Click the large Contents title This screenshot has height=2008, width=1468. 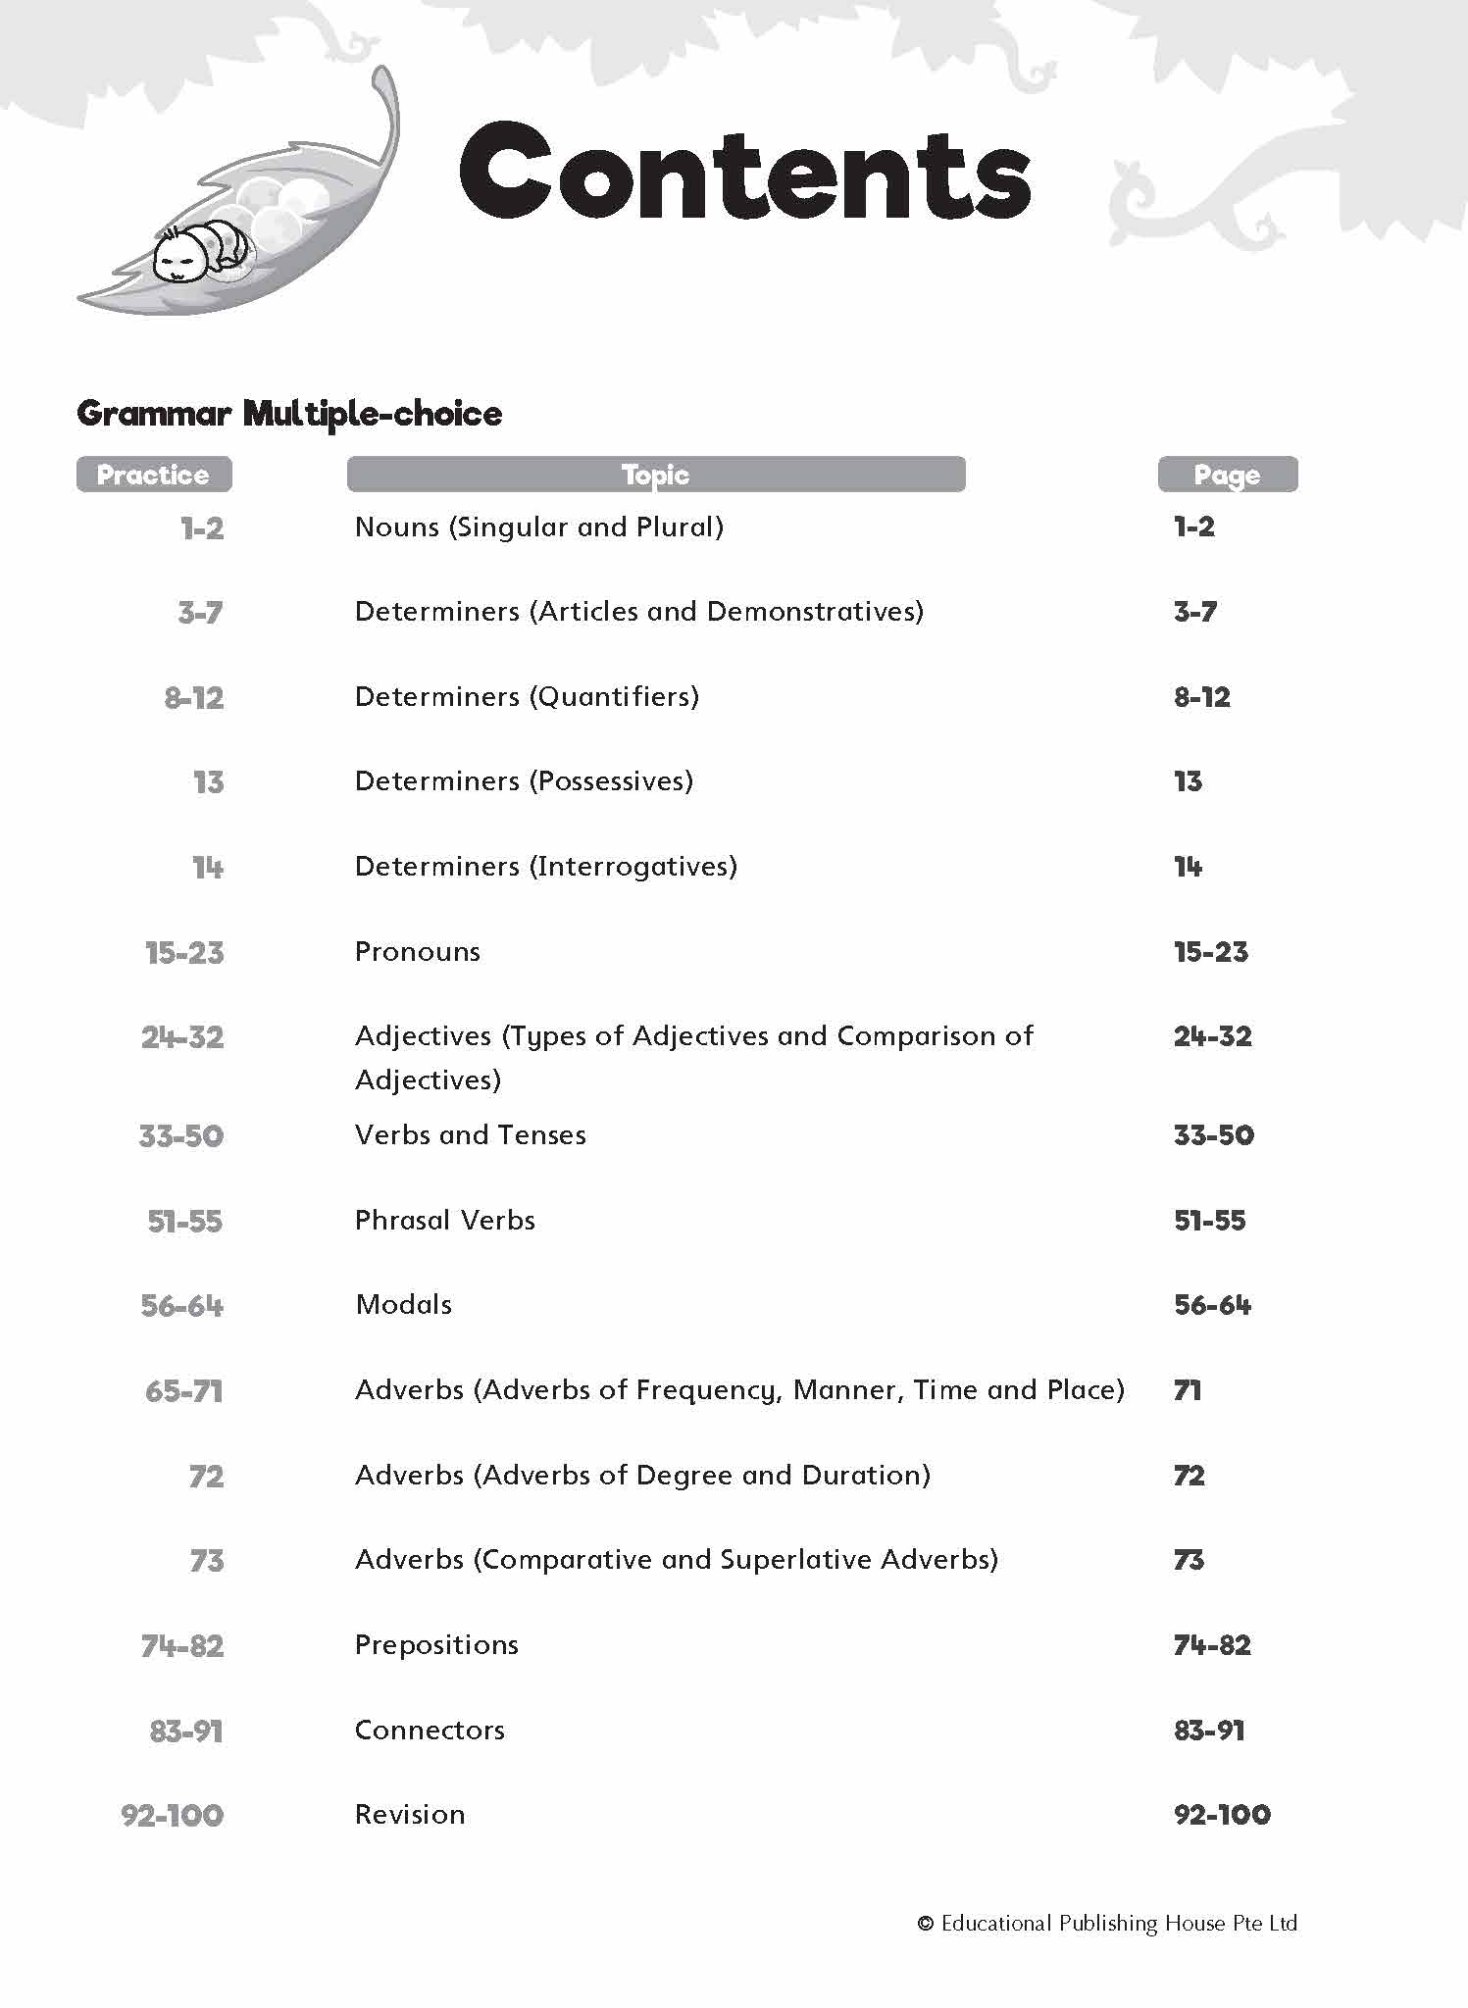744,173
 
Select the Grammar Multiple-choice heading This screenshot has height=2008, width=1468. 289,414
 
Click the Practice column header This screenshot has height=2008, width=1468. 154,475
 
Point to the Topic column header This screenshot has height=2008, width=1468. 655,475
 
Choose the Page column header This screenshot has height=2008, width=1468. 1227,475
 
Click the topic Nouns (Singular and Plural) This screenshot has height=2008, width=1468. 538,527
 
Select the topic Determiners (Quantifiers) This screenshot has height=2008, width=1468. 527,697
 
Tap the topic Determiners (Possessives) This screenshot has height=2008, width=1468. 524,781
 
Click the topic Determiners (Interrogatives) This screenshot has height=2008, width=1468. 545,867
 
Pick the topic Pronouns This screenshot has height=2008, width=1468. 417,952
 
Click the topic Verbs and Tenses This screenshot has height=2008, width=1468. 470,1135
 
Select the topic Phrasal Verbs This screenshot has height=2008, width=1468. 444,1221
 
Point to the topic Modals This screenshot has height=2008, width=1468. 403,1305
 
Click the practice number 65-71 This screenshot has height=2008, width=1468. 183,1391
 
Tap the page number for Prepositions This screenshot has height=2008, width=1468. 1212,1645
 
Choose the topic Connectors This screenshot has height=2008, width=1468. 430,1731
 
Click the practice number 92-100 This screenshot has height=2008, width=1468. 173,1815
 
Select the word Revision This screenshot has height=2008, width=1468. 410,1815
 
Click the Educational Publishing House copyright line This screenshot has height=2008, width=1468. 1106,1924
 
